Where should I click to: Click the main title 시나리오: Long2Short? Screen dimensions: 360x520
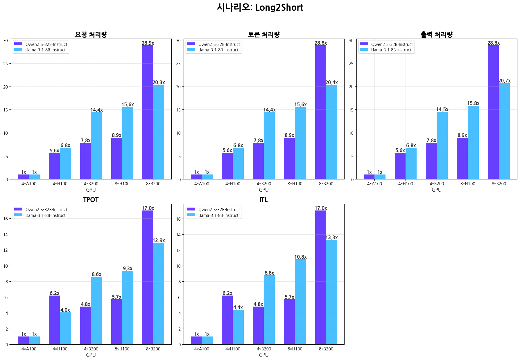point(260,8)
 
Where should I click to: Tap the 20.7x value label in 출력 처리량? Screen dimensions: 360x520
point(504,81)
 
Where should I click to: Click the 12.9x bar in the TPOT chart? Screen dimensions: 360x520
point(159,293)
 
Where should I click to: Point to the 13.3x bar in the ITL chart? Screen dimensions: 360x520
point(331,292)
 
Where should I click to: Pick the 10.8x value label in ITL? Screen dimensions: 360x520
point(300,257)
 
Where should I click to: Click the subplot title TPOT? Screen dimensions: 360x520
point(91,200)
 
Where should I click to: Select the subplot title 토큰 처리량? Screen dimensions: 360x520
point(263,35)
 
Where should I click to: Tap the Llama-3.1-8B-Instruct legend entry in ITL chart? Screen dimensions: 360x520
point(218,215)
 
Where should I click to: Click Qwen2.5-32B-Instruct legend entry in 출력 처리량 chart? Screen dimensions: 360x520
point(392,44)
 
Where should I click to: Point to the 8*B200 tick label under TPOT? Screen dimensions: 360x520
point(153,349)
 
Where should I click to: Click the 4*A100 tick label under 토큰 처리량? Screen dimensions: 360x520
point(202,184)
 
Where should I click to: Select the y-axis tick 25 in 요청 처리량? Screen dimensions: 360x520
point(6,64)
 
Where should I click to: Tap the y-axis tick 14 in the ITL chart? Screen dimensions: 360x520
point(178,235)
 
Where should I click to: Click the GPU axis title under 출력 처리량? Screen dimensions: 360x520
point(436,190)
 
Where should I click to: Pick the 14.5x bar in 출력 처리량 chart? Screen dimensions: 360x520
point(442,145)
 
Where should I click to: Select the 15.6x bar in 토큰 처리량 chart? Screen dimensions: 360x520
point(300,143)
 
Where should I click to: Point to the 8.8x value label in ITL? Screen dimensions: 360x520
point(269,273)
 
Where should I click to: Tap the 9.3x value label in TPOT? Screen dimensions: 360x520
point(128,269)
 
